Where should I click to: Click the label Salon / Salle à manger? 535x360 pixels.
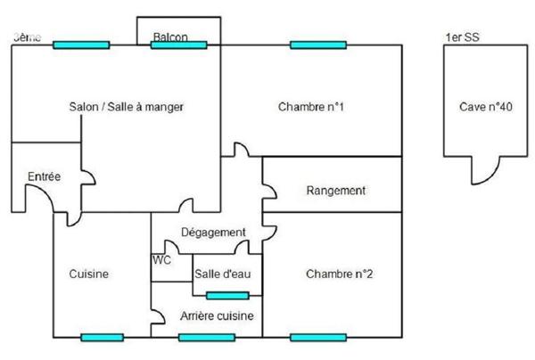coord(126,107)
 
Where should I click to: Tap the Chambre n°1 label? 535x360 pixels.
coord(311,107)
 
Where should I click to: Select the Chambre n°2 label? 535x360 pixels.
coord(339,274)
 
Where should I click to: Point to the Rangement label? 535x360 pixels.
coord(336,191)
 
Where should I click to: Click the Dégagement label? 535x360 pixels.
coord(213,233)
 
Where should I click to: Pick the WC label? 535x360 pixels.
coord(161,260)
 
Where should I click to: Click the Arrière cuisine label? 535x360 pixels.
coord(217,316)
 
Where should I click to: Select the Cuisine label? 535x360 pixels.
coord(89,274)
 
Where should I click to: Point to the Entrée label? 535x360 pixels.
coord(44,176)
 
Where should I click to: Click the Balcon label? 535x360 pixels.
coord(170,37)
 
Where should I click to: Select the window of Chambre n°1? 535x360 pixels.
coord(318,45)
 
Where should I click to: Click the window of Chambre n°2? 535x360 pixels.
coord(318,337)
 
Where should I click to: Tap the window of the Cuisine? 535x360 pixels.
coord(102,337)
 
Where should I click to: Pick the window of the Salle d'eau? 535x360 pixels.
coord(227,295)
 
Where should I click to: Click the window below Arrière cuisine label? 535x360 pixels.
coord(206,337)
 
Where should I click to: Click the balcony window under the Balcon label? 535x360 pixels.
coord(178,45)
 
